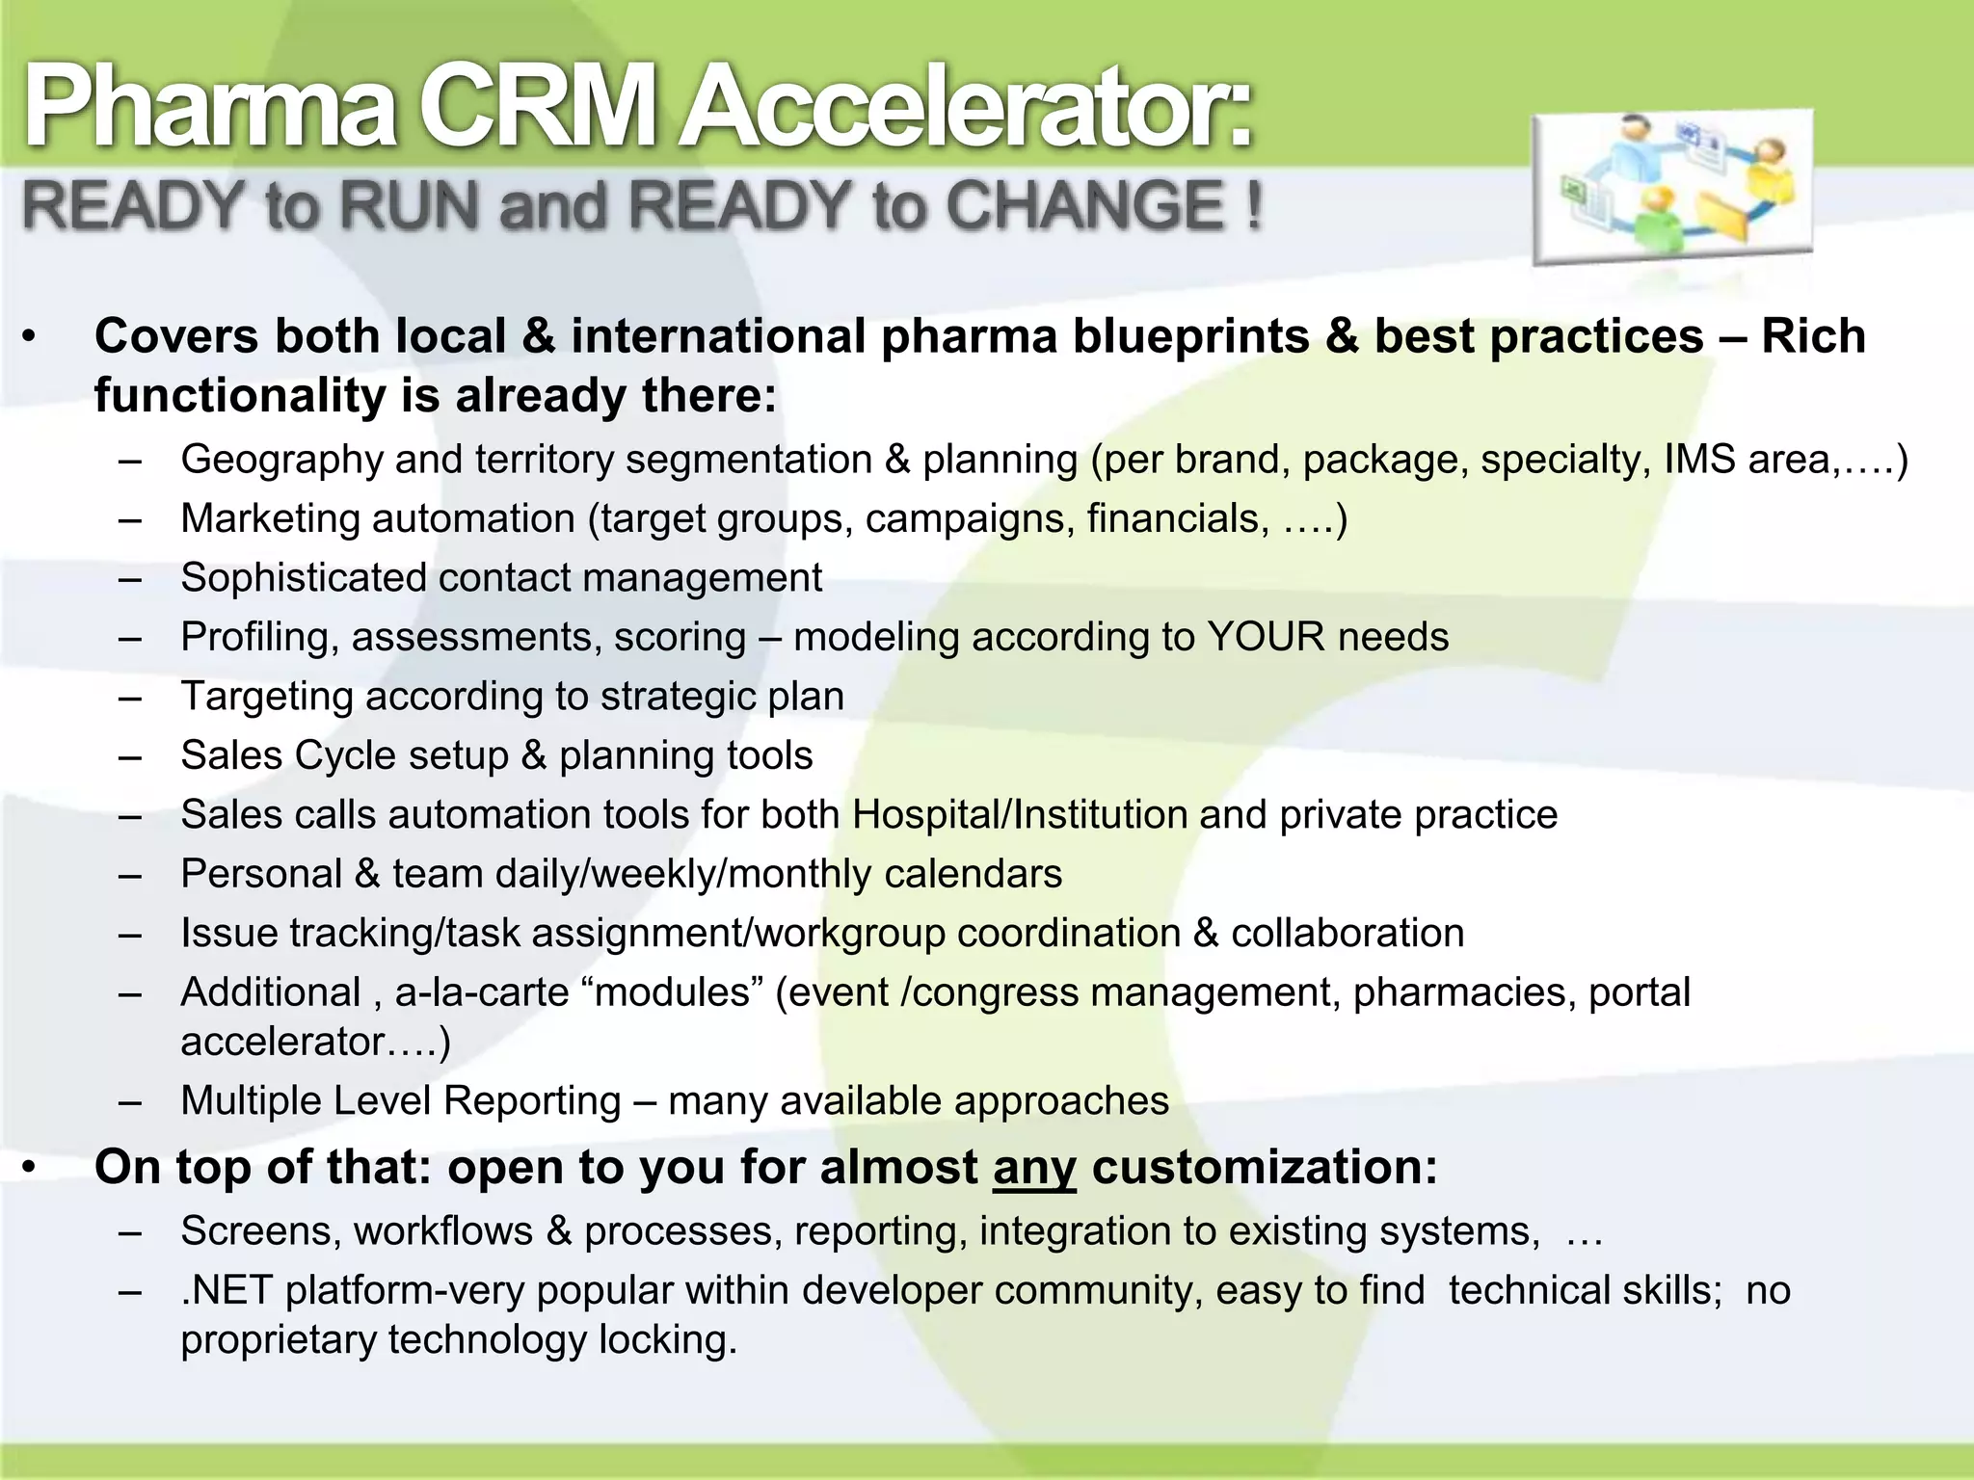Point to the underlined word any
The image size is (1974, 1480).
click(1033, 1168)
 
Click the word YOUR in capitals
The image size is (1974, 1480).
click(1266, 637)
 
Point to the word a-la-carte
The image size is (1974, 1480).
click(482, 992)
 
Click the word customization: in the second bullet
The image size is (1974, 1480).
click(1264, 1168)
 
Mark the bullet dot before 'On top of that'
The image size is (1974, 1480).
click(31, 1169)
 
